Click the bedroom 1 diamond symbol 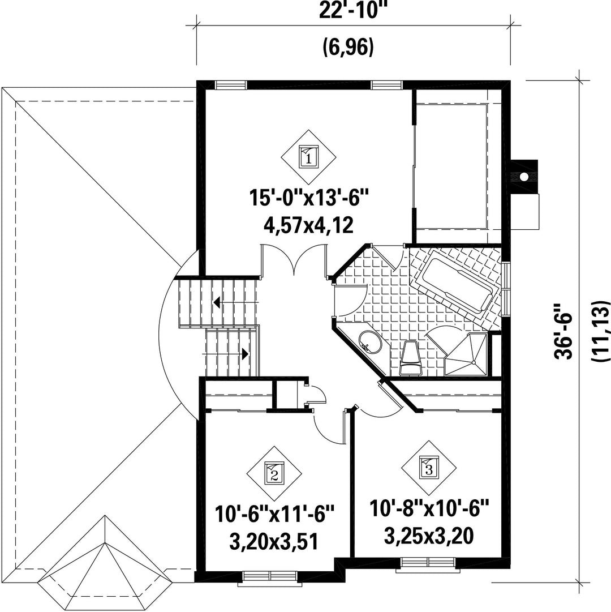pyautogui.click(x=309, y=157)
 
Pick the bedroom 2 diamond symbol pyautogui.click(x=274, y=474)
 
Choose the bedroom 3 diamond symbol pyautogui.click(x=429, y=468)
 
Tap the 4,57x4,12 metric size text pyautogui.click(x=309, y=225)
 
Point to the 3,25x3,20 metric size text pyautogui.click(x=429, y=536)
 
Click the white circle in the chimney pyautogui.click(x=524, y=177)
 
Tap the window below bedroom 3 pyautogui.click(x=428, y=562)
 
